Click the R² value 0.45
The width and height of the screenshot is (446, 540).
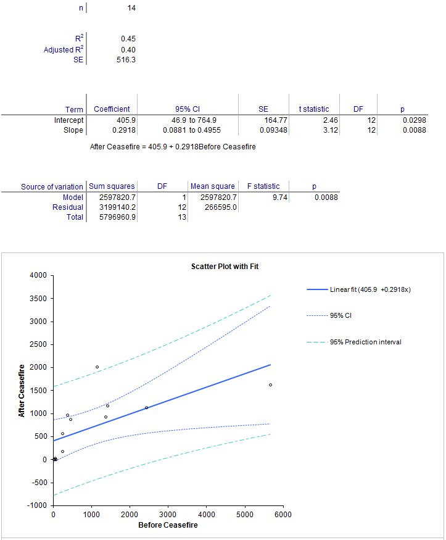click(x=128, y=38)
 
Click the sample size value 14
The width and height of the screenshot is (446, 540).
click(x=131, y=8)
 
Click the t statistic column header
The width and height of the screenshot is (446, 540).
click(x=314, y=109)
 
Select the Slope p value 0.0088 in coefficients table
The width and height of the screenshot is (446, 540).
click(x=414, y=130)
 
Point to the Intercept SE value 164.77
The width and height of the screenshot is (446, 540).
click(x=275, y=120)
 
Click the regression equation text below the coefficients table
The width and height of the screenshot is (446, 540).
click(x=173, y=147)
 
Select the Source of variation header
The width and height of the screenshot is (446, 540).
click(x=52, y=186)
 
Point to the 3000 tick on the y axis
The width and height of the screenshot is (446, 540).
click(x=38, y=322)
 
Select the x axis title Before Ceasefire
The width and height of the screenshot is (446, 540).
click(x=168, y=525)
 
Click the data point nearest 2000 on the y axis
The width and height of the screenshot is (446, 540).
click(x=97, y=367)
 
